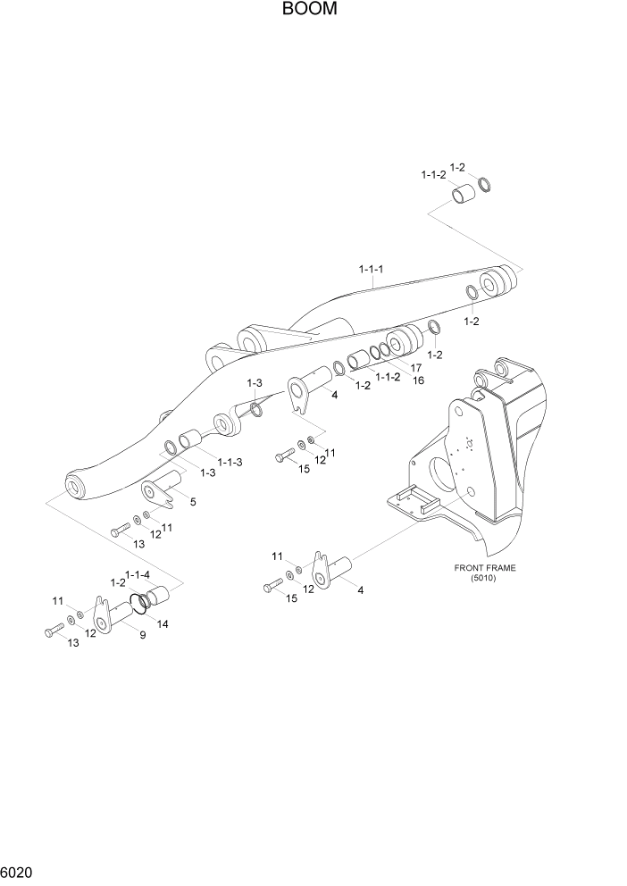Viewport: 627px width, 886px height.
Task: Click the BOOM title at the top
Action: pyautogui.click(x=313, y=10)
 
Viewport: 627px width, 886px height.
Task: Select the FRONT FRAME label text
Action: pyautogui.click(x=485, y=567)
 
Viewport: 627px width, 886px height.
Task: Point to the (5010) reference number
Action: pyautogui.click(x=485, y=578)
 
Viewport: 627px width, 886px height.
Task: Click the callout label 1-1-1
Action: pyautogui.click(x=372, y=269)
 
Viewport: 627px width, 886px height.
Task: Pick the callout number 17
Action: pyautogui.click(x=416, y=367)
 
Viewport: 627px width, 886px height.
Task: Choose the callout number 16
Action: pyautogui.click(x=418, y=380)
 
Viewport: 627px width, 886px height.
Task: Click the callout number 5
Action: pyautogui.click(x=192, y=502)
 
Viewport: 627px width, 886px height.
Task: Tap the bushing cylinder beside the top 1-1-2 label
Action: pyautogui.click(x=463, y=195)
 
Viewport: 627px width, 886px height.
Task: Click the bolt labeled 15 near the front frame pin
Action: pyautogui.click(x=272, y=587)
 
